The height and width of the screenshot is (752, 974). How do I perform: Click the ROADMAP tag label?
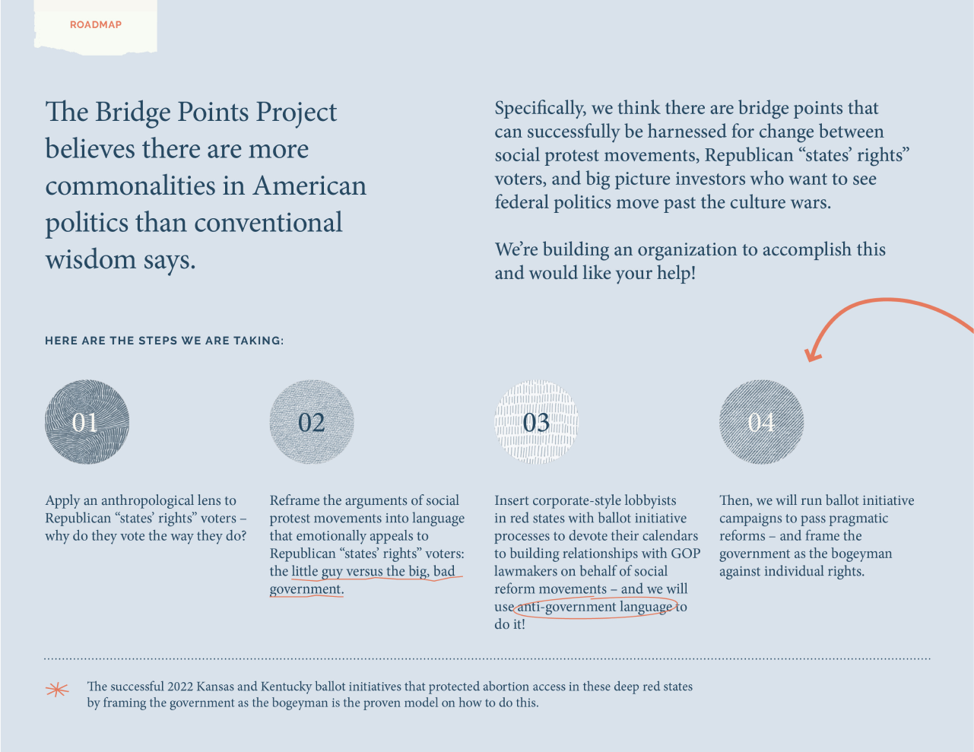(96, 25)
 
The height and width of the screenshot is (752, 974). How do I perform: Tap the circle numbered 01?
(87, 422)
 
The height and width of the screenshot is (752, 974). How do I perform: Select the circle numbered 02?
(312, 422)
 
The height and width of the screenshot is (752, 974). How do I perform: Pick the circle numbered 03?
(536, 422)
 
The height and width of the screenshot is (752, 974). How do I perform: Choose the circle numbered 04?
(761, 422)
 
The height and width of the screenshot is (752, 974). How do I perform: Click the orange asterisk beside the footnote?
(57, 690)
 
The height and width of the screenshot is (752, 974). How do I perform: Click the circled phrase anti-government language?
(595, 607)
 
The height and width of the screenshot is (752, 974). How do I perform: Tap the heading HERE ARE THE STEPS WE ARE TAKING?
(164, 341)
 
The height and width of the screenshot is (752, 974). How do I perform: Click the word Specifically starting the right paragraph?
(541, 109)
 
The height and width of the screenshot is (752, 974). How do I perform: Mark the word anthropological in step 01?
(150, 500)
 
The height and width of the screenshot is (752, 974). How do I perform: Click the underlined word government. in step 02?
(306, 589)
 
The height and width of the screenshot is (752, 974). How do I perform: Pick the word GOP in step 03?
(685, 554)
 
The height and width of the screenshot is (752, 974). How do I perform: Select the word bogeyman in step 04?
(861, 554)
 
